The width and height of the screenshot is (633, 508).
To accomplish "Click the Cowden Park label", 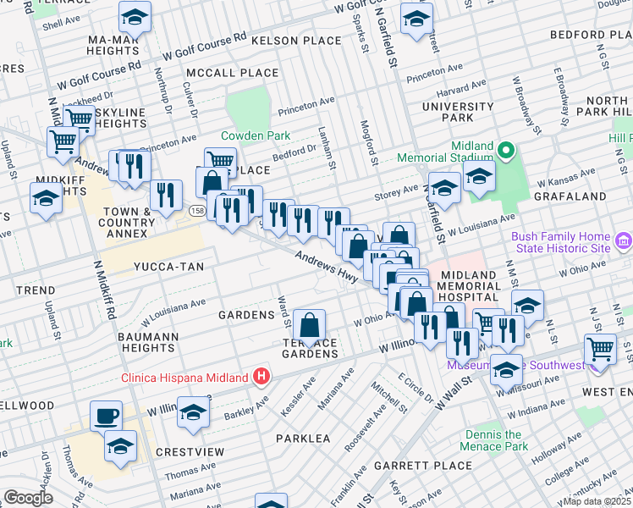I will [256, 135].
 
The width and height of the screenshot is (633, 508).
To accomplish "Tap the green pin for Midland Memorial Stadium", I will [506, 152].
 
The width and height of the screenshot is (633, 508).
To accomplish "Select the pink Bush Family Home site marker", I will [625, 244].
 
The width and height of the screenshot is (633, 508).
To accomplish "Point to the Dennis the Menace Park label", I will [496, 440].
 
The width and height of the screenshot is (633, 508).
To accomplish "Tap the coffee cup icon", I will [107, 415].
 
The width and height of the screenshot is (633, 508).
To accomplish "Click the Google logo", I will [28, 498].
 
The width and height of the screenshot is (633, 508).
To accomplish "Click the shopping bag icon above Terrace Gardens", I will [311, 323].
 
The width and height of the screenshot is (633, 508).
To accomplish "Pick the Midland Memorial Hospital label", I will [481, 286].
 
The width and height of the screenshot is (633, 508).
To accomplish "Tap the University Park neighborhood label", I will [459, 113].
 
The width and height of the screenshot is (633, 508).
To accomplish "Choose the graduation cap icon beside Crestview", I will [193, 412].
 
